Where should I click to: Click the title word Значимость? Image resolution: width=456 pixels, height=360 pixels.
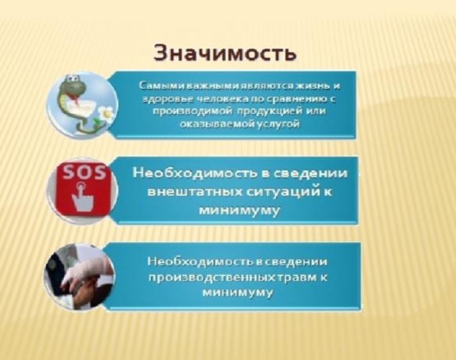click(225, 53)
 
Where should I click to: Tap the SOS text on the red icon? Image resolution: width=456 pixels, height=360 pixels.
click(85, 173)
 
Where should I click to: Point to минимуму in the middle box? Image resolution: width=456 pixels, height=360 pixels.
click(239, 211)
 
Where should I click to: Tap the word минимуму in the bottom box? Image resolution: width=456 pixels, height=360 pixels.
click(238, 292)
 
